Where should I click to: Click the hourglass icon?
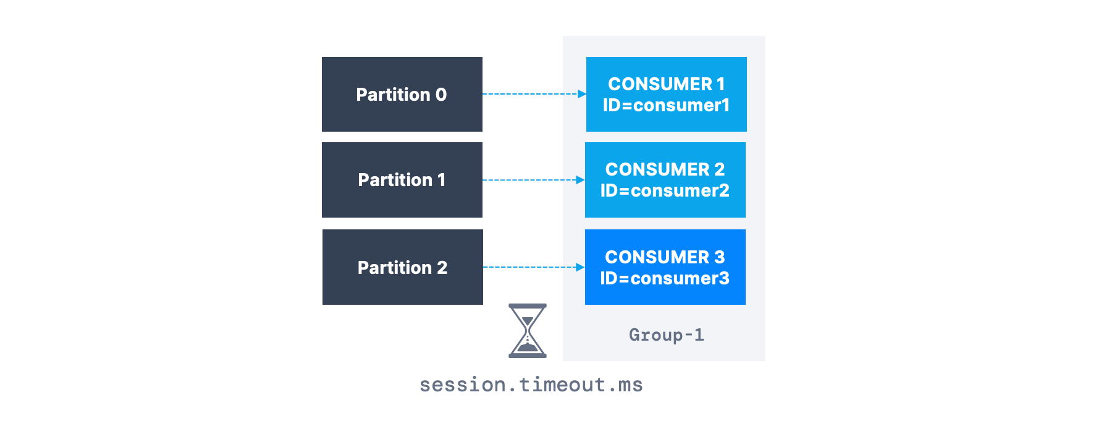click(x=527, y=331)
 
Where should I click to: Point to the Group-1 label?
click(x=666, y=335)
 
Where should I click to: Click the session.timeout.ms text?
click(x=531, y=385)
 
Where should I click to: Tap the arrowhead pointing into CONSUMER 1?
click(x=581, y=94)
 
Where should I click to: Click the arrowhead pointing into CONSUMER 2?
click(x=580, y=180)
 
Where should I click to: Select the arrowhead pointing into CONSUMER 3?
click(x=580, y=267)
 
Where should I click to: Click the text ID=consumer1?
click(x=666, y=106)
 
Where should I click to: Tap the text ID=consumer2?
click(x=665, y=191)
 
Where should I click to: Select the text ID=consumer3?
click(x=665, y=279)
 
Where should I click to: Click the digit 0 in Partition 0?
click(x=441, y=95)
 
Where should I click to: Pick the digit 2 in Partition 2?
click(x=442, y=268)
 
